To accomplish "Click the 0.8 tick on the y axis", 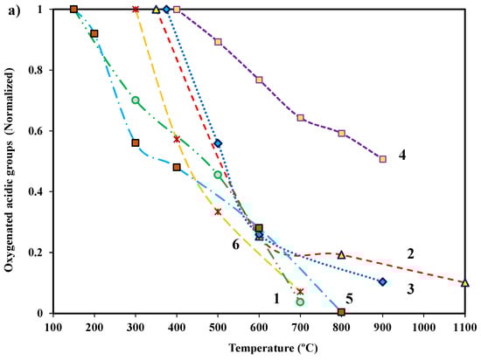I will (x=35, y=70).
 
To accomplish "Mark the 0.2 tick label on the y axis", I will (x=35, y=253).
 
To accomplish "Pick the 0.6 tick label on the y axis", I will (x=35, y=131).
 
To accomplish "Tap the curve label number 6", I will (x=235, y=246).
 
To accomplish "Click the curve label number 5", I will (x=349, y=298).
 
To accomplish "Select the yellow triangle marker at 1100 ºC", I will (x=464, y=282).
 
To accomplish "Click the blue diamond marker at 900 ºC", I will (x=382, y=281).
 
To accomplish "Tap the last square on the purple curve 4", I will (x=382, y=159).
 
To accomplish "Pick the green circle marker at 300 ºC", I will (x=136, y=100).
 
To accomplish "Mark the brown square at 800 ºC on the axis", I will (x=341, y=312).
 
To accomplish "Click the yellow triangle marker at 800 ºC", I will (x=341, y=254).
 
